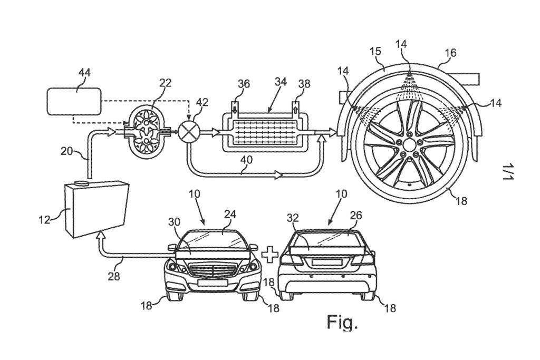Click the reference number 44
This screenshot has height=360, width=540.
84,73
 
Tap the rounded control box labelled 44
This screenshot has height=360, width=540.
74,102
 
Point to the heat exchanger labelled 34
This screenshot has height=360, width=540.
265,131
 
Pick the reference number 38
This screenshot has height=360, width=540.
304,84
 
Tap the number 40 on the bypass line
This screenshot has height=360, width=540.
247,160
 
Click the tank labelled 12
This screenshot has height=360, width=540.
96,210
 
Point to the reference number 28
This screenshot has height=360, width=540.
114,275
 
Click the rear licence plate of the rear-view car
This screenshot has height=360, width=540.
326,262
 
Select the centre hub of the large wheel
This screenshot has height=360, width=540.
410,143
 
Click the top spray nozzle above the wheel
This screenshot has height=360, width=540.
409,74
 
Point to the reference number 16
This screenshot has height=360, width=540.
450,53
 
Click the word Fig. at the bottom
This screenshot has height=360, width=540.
342,322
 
